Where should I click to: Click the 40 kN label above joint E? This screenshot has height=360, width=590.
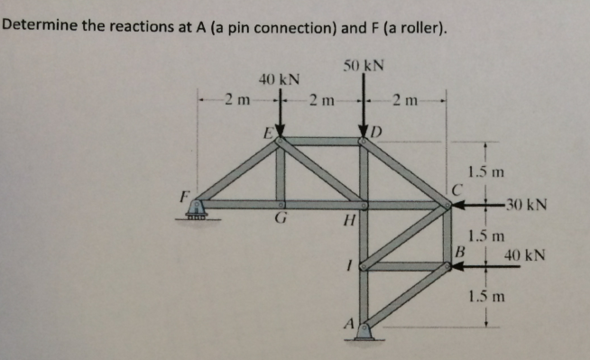[x=280, y=80]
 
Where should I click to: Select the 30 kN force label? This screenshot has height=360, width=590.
[x=523, y=206]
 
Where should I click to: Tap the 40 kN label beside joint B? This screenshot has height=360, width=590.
[x=524, y=255]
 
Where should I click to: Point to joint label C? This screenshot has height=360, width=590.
[x=458, y=189]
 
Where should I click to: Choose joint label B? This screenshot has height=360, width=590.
[x=459, y=253]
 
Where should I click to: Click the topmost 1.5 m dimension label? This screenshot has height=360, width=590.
[x=488, y=171]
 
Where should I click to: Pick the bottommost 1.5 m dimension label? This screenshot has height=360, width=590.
[x=487, y=295]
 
